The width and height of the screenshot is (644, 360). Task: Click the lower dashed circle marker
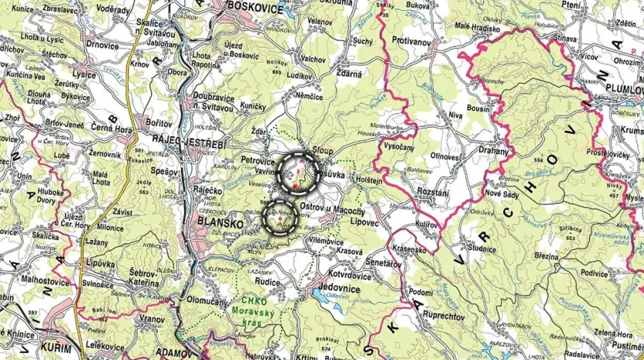pos(281,218)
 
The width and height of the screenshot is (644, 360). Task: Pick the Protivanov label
pos(414,39)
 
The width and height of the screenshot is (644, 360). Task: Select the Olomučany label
pos(207,298)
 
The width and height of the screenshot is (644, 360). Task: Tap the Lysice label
pos(85,75)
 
